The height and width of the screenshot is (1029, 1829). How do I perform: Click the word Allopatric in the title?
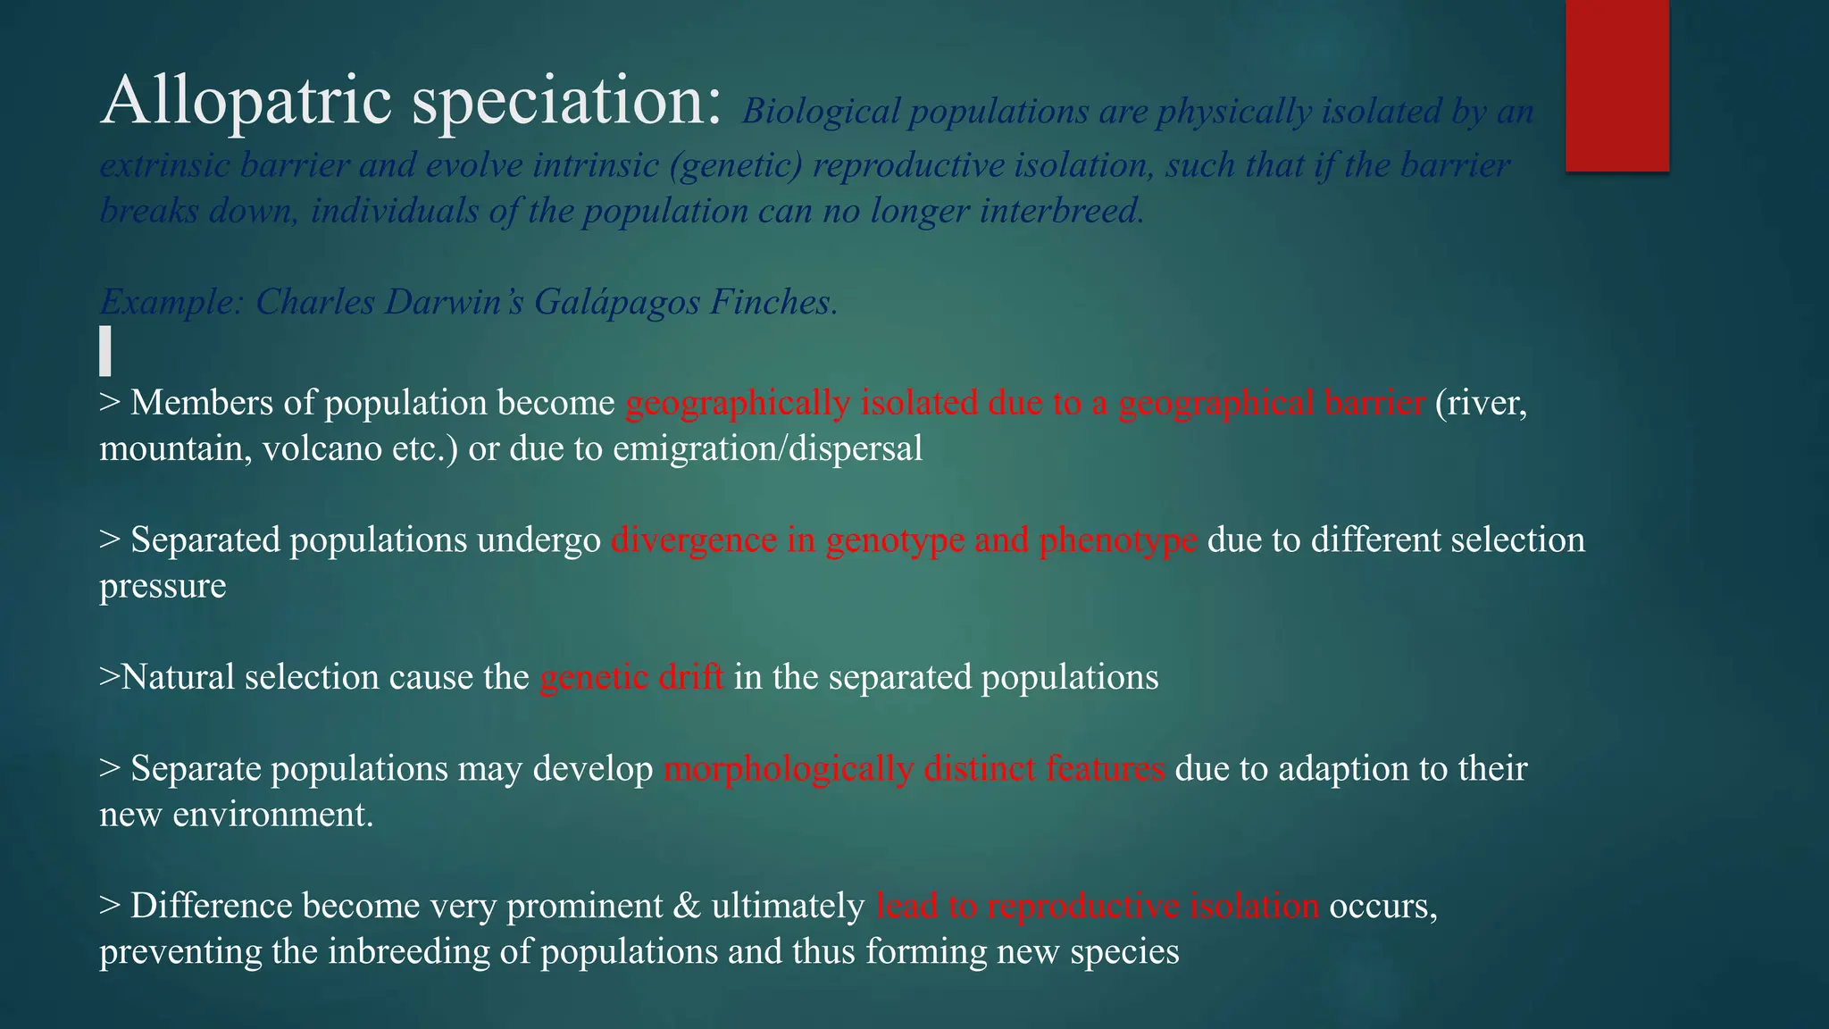[246, 100]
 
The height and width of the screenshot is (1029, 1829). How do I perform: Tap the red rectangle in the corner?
[1616, 85]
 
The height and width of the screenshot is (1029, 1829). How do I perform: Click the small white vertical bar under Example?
[105, 350]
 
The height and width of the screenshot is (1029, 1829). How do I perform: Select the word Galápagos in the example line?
[617, 302]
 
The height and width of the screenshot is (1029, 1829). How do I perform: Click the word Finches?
[773, 302]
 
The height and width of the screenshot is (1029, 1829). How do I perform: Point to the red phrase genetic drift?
[631, 677]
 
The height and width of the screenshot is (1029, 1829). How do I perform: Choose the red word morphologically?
[789, 769]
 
